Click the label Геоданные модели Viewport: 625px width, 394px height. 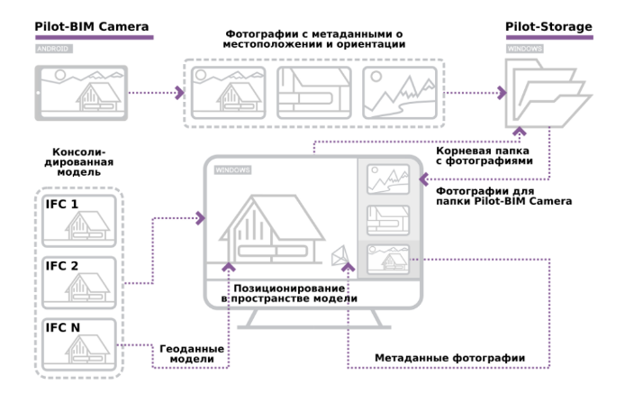click(x=191, y=353)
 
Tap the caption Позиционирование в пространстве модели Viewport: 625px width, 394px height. click(x=290, y=292)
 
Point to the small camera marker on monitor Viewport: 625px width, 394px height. click(x=339, y=256)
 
